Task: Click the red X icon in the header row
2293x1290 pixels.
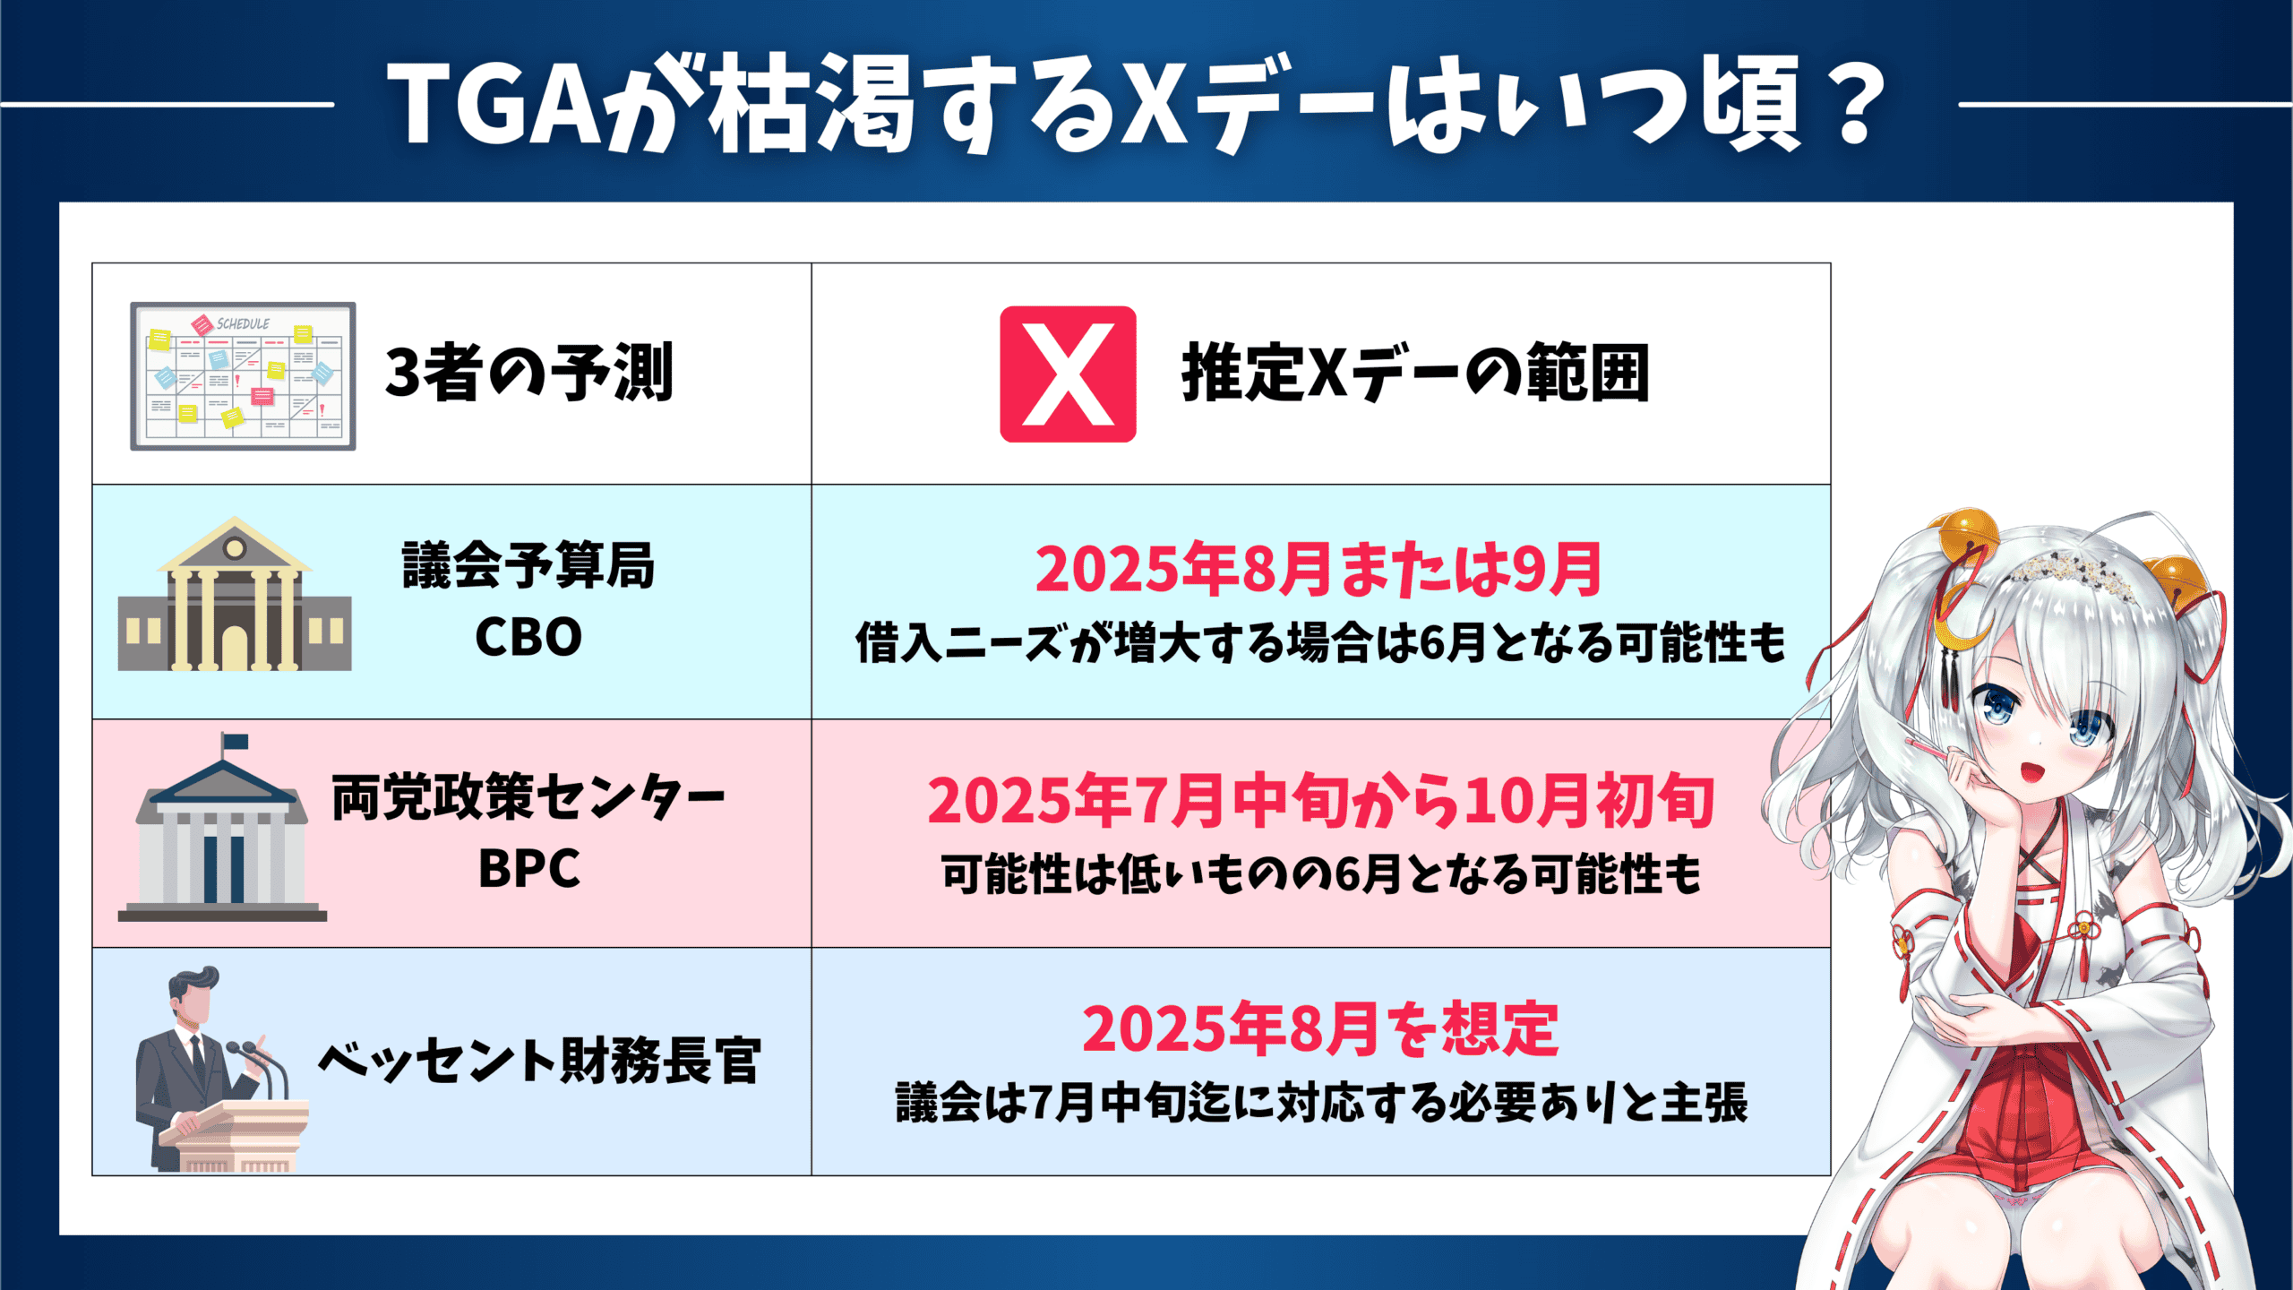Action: pos(1068,374)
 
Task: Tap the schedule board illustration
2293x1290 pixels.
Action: pos(243,376)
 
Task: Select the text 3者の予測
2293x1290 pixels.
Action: pos(528,373)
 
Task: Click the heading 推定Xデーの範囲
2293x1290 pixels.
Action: pos(1415,373)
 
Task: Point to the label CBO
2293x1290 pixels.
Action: pos(528,637)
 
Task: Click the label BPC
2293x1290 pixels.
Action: pos(529,868)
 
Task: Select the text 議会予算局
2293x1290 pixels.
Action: pos(528,565)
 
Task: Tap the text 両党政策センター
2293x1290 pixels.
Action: pos(528,797)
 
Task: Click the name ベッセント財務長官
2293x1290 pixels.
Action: pos(539,1062)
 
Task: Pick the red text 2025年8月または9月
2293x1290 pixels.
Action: pos(1318,570)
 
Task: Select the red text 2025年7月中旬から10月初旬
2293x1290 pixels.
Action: pos(1321,801)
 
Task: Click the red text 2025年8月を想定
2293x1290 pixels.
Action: pos(1321,1028)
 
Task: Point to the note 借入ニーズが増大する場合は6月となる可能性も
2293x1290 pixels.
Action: pos(1320,643)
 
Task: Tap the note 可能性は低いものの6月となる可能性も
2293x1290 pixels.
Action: pos(1321,874)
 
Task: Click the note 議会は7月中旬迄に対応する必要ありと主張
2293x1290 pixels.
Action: pos(1321,1103)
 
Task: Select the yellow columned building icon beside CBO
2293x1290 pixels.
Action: pos(235,593)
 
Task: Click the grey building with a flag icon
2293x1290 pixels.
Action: pos(222,828)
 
